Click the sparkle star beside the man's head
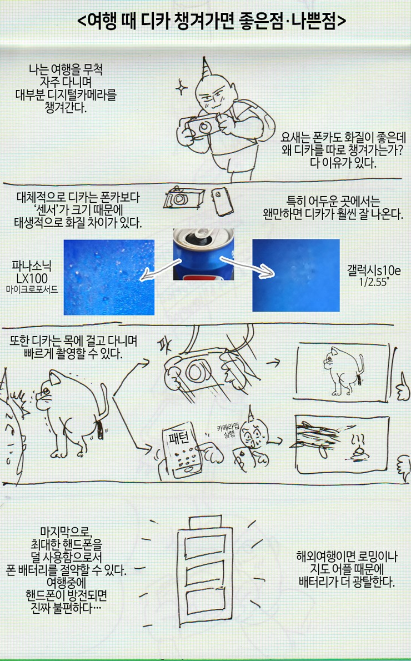coord(182,88)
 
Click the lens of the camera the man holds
coord(205,127)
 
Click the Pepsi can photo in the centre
coord(204,254)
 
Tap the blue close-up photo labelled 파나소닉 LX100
coord(109,277)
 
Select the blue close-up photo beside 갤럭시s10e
coord(296,276)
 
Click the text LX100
coord(32,278)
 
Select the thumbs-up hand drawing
coord(403,387)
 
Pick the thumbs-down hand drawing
coord(403,469)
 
